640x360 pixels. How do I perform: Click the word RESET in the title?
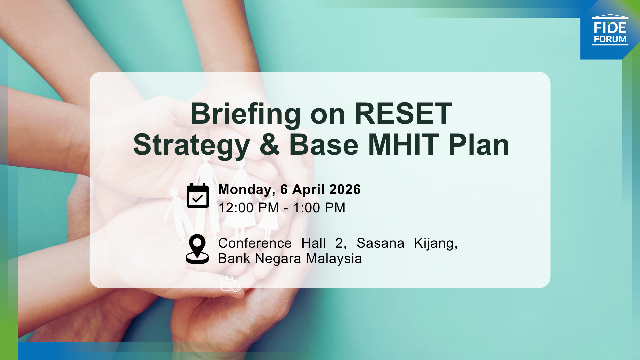coord(403,114)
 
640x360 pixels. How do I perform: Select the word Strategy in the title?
coord(191,145)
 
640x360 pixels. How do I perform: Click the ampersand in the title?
coord(269,145)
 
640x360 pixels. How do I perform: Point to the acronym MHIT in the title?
coord(403,145)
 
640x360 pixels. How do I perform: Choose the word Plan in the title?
coord(479,145)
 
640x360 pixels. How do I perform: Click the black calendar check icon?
coord(198,196)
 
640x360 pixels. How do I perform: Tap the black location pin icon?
coord(197,249)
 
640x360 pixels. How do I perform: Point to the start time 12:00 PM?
coord(248,208)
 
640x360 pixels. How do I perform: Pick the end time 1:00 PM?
coord(319,208)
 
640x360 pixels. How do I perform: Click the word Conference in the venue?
coord(255,243)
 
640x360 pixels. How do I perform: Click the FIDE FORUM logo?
coord(610,30)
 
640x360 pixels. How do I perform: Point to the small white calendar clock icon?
coord(231,284)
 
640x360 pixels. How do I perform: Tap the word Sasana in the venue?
coord(380,243)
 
